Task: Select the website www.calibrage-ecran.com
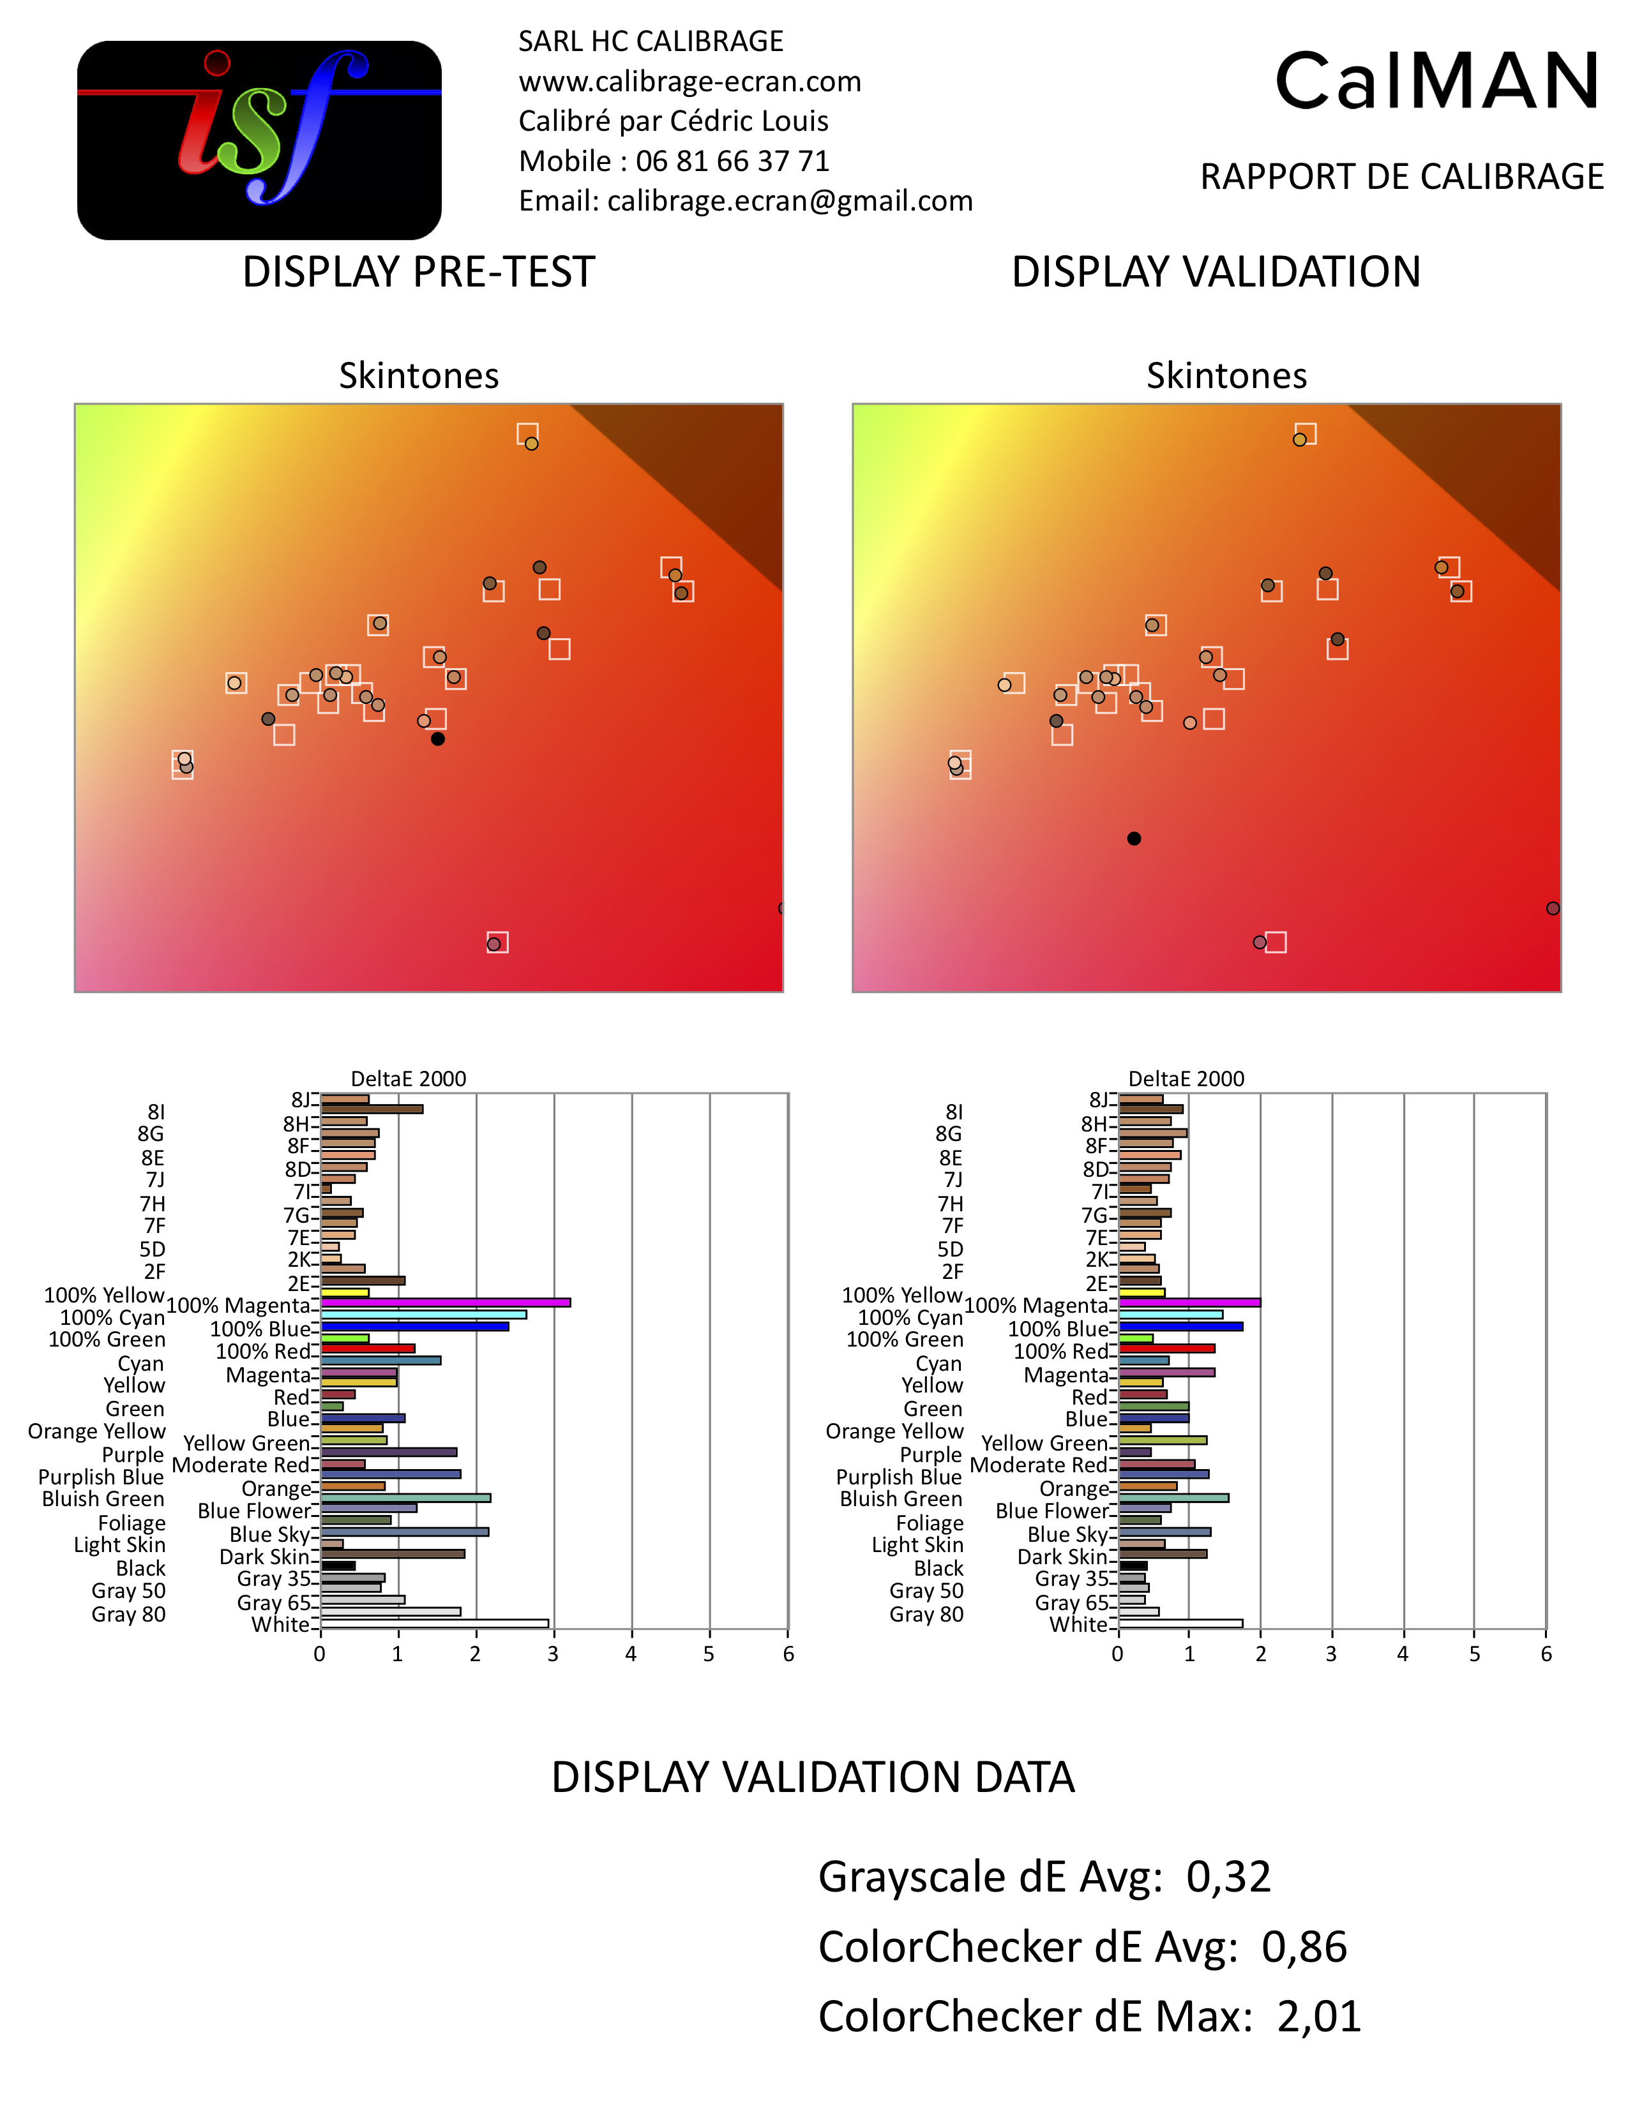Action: pyautogui.click(x=690, y=82)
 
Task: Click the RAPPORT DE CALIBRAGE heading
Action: pyautogui.click(x=1401, y=177)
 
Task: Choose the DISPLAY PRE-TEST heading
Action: pyautogui.click(x=419, y=272)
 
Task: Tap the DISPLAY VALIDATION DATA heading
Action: pyautogui.click(x=812, y=1777)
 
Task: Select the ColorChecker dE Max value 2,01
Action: pyautogui.click(x=1318, y=2016)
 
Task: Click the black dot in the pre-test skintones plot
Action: pyautogui.click(x=438, y=738)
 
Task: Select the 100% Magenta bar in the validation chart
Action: pyautogui.click(x=1188, y=1303)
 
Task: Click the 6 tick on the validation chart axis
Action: pyautogui.click(x=1546, y=1655)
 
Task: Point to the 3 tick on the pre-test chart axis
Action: pyautogui.click(x=553, y=1655)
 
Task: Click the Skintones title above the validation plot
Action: pyautogui.click(x=1226, y=375)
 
